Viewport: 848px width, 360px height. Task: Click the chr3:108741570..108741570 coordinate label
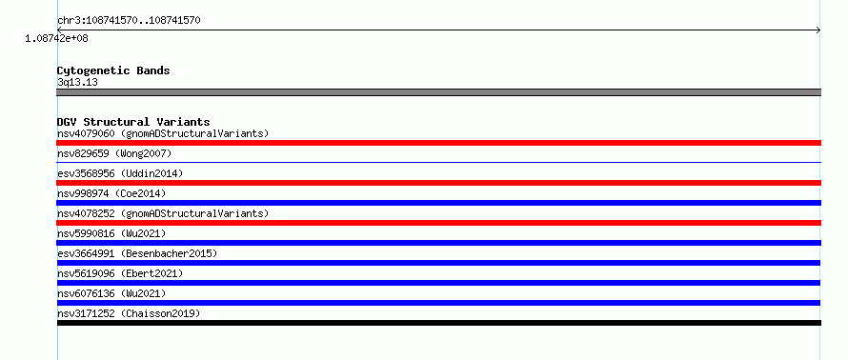point(129,21)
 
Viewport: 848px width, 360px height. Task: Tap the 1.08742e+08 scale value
point(57,38)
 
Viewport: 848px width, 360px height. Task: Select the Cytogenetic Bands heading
point(113,70)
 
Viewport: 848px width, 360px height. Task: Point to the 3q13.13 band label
point(77,83)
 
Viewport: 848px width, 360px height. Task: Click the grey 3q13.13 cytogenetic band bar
point(438,92)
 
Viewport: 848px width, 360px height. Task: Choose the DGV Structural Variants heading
point(133,122)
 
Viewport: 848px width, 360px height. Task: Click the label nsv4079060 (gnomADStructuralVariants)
point(163,133)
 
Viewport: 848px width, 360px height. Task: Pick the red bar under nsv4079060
point(438,143)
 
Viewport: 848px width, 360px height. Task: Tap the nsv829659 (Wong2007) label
point(114,153)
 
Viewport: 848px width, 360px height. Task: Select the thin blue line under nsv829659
point(438,162)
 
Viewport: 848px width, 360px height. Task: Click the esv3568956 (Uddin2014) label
point(120,173)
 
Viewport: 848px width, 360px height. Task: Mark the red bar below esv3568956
point(438,183)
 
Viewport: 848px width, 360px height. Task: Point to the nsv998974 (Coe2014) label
point(111,193)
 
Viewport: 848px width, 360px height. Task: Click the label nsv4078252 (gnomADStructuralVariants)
point(163,213)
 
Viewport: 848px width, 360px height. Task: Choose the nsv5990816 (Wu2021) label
point(111,233)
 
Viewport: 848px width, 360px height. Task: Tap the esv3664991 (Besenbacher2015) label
point(137,253)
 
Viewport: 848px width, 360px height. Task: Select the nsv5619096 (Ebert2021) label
point(120,273)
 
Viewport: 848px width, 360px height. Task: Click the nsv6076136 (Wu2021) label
point(111,293)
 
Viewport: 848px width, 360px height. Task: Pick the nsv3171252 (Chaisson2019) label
point(129,313)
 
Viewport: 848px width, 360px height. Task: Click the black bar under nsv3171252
point(438,323)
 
